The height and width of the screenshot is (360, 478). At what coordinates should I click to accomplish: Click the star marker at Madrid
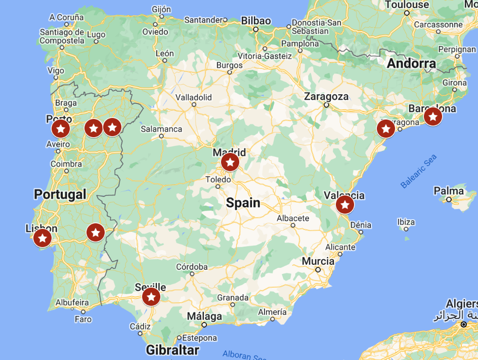[x=230, y=163]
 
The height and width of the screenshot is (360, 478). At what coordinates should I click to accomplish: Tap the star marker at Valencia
[x=345, y=205]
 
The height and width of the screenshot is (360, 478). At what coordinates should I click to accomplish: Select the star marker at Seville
[x=151, y=297]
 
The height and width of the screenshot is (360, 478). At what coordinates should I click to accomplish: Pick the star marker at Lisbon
[x=42, y=238]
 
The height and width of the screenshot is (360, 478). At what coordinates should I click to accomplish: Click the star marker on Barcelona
[x=432, y=116]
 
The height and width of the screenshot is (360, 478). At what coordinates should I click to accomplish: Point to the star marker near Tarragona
[x=386, y=129]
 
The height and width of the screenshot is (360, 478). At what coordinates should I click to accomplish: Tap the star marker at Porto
[x=61, y=129]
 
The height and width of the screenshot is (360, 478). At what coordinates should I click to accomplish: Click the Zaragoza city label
[x=326, y=96]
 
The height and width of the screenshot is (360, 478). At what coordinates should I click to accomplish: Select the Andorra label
[x=411, y=64]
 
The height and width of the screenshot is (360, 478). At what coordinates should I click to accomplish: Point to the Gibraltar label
[x=172, y=350]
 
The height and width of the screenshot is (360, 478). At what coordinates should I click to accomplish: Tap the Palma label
[x=449, y=191]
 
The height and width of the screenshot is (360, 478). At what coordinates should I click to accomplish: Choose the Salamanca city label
[x=161, y=129]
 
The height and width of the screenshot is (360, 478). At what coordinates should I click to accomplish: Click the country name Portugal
[x=60, y=194]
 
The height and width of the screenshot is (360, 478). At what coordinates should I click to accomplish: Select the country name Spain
[x=243, y=203]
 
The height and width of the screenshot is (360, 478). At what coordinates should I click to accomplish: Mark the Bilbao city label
[x=256, y=21]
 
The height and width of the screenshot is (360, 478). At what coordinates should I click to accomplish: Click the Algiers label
[x=461, y=304]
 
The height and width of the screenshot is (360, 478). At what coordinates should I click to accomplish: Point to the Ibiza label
[x=406, y=222]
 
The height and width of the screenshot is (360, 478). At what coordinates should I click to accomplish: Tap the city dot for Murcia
[x=318, y=270]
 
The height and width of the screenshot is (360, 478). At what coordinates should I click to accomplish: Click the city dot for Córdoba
[x=192, y=275]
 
